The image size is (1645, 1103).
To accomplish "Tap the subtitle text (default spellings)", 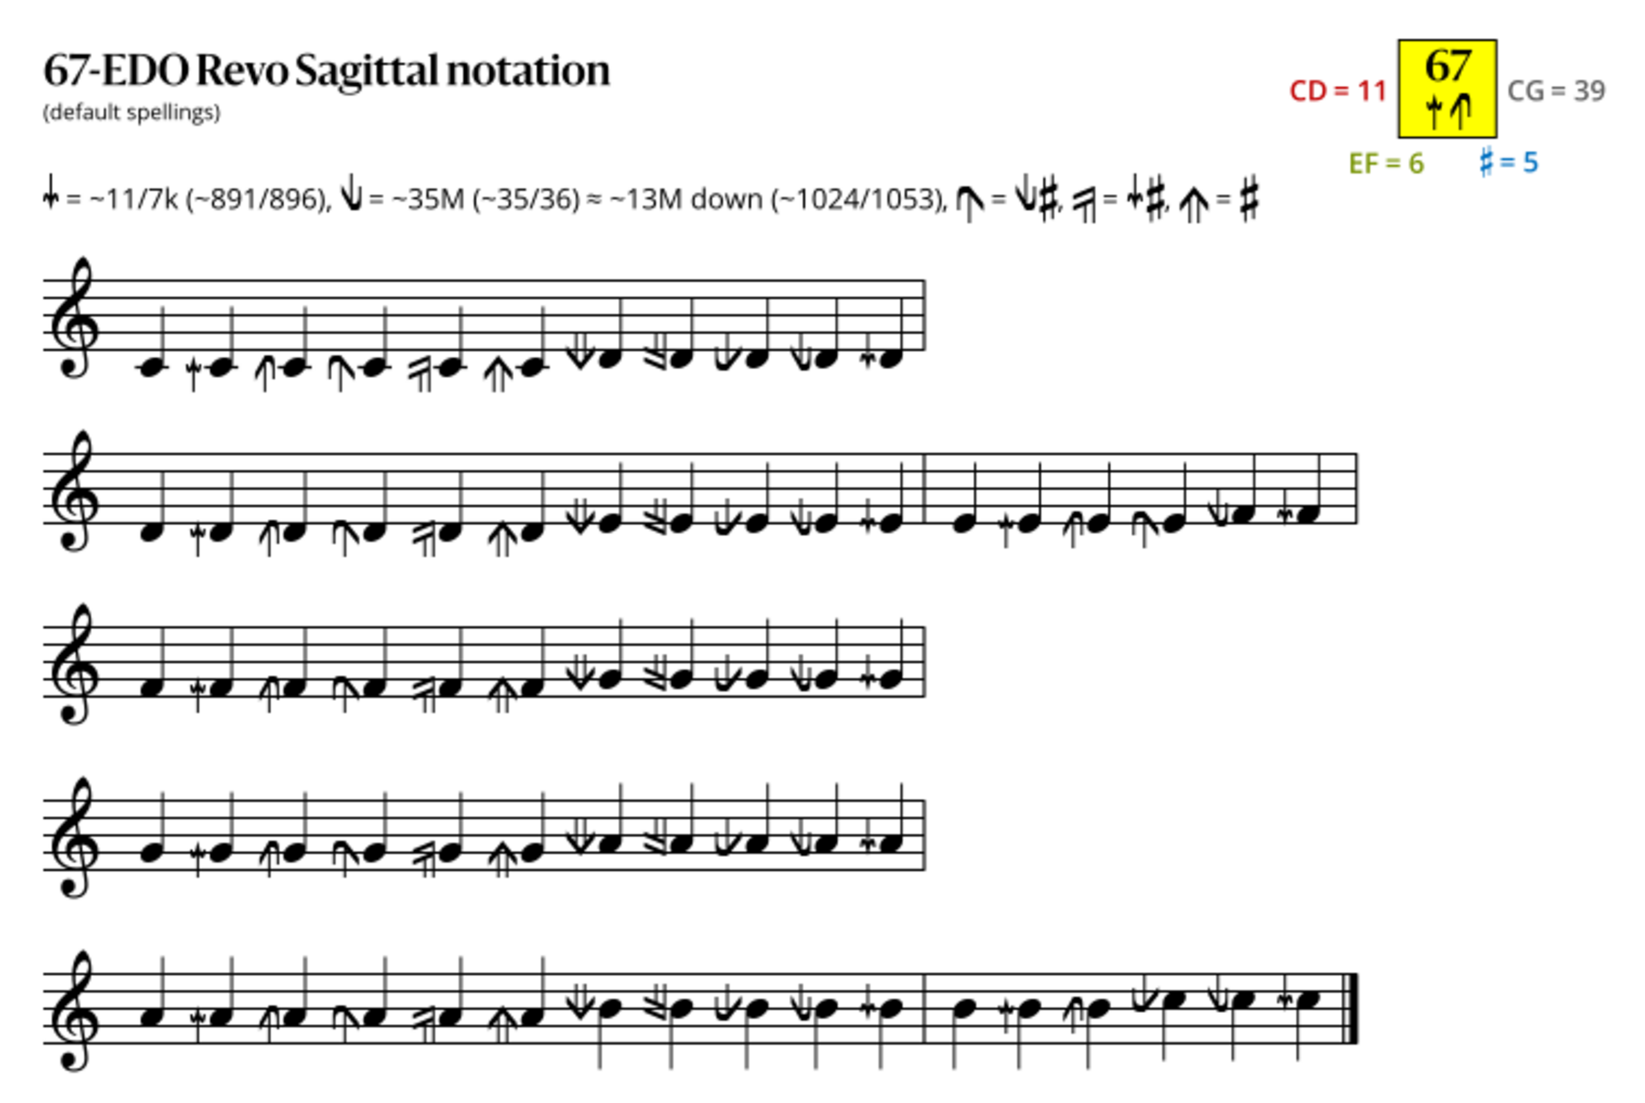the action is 132,112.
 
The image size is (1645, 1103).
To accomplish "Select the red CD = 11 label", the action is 1338,91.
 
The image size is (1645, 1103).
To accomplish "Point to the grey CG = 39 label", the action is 1556,91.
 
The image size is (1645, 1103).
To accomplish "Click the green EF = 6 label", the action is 1386,164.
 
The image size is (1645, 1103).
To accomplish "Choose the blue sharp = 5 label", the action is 1509,163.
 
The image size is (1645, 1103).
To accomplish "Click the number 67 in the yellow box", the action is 1447,66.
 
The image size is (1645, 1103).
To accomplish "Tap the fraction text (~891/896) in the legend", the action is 258,200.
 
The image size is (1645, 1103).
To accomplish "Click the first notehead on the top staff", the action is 151,367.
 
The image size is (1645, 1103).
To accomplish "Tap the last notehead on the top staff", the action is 889,358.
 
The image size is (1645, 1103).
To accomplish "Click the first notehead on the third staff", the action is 151,689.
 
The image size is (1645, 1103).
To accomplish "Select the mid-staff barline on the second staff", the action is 924,489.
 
